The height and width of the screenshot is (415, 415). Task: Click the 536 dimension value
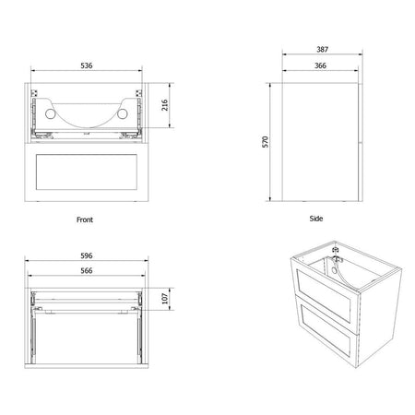point(87,65)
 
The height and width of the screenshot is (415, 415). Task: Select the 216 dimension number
point(165,105)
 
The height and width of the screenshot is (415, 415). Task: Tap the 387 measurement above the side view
point(323,49)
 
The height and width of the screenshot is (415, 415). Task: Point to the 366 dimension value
point(320,65)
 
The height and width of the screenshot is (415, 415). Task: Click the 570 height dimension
point(265,142)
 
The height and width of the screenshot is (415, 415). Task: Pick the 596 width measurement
point(87,255)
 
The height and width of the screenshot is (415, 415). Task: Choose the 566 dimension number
point(87,270)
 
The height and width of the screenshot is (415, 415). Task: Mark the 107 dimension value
point(165,299)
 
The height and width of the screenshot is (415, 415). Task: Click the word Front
point(85,219)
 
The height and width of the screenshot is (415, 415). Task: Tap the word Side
point(316,219)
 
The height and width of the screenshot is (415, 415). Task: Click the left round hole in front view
point(50,114)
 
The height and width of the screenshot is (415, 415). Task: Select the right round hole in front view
point(122,113)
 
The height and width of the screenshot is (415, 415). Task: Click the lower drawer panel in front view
point(87,172)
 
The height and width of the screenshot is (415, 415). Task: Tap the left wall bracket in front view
point(34,93)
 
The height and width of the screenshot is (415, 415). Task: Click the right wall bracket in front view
point(138,93)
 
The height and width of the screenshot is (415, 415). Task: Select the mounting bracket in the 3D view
point(336,255)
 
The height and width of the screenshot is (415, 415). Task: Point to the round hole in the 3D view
point(334,271)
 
